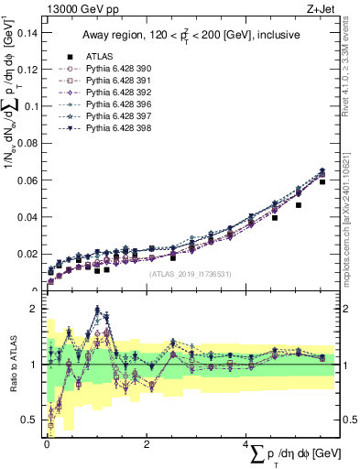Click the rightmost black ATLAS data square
click(322, 182)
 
